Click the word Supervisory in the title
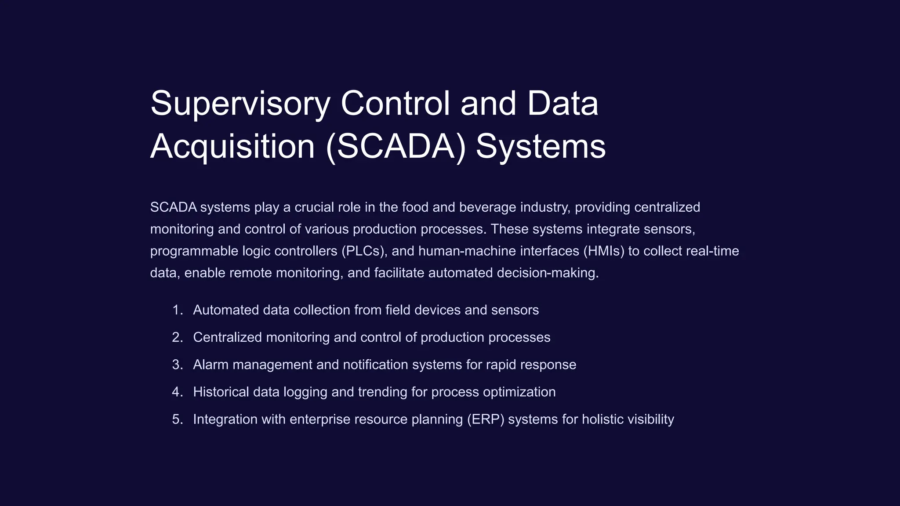(240, 104)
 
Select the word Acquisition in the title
(232, 147)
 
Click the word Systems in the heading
(541, 147)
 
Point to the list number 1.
(177, 310)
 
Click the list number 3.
(177, 365)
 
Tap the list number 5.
(177, 419)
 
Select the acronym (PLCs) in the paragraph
(364, 251)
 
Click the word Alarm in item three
(211, 365)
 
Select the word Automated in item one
(226, 310)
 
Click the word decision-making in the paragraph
(548, 273)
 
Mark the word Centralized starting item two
(228, 337)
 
